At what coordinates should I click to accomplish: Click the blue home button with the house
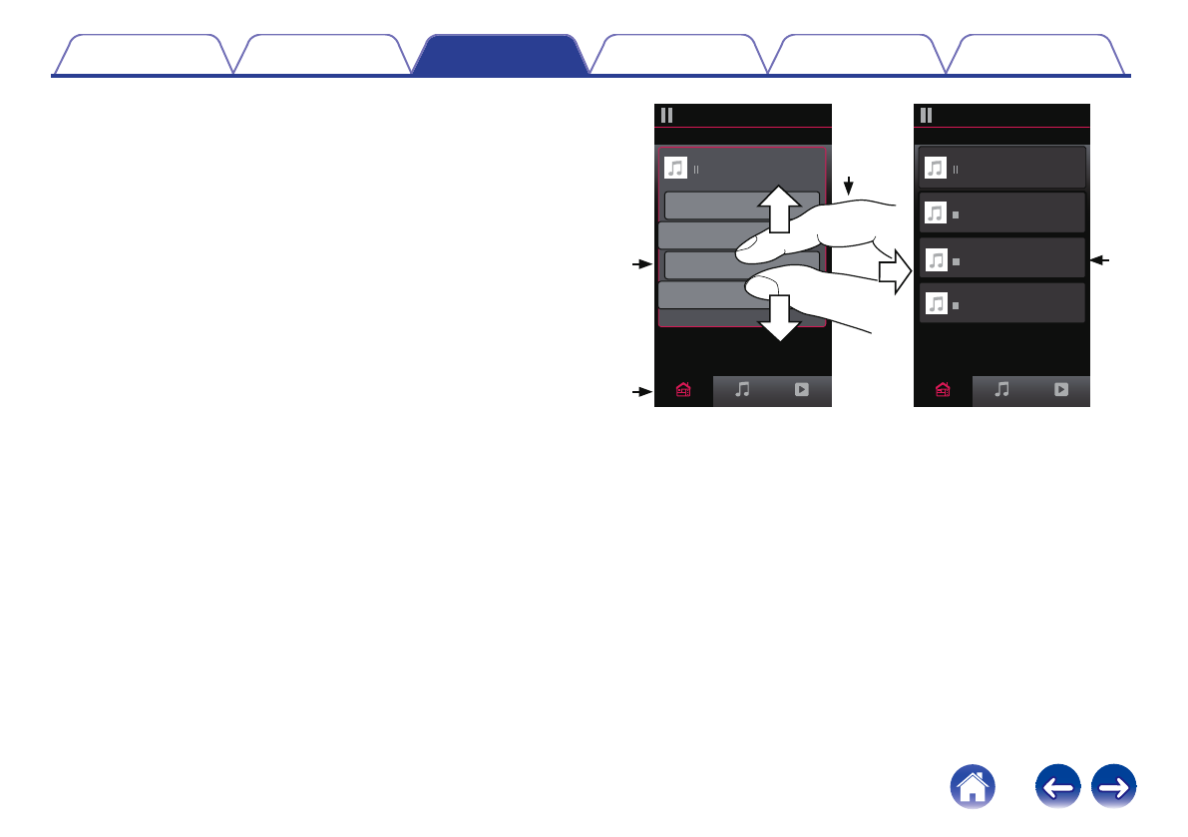point(973,788)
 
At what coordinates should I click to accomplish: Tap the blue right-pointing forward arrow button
point(1116,788)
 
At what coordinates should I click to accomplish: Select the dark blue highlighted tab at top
point(500,56)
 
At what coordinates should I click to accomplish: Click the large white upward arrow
point(778,209)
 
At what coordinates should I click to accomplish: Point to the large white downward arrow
point(779,318)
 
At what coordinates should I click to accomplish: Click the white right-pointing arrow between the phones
point(896,268)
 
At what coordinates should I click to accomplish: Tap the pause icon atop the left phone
point(666,115)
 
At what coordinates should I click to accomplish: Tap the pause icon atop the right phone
point(927,115)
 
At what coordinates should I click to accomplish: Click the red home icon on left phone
point(683,391)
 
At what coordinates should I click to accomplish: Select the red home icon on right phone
point(944,391)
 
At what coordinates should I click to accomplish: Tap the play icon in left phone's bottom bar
point(801,391)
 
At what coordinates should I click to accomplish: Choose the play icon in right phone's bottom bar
point(1061,391)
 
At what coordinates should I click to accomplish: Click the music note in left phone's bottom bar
point(742,391)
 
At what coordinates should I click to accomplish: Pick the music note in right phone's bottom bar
point(1002,391)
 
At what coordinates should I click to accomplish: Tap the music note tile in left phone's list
point(675,168)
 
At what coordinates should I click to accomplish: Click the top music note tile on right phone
point(935,168)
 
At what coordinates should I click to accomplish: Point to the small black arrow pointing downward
point(849,186)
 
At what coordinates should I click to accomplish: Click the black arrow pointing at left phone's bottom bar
point(639,392)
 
